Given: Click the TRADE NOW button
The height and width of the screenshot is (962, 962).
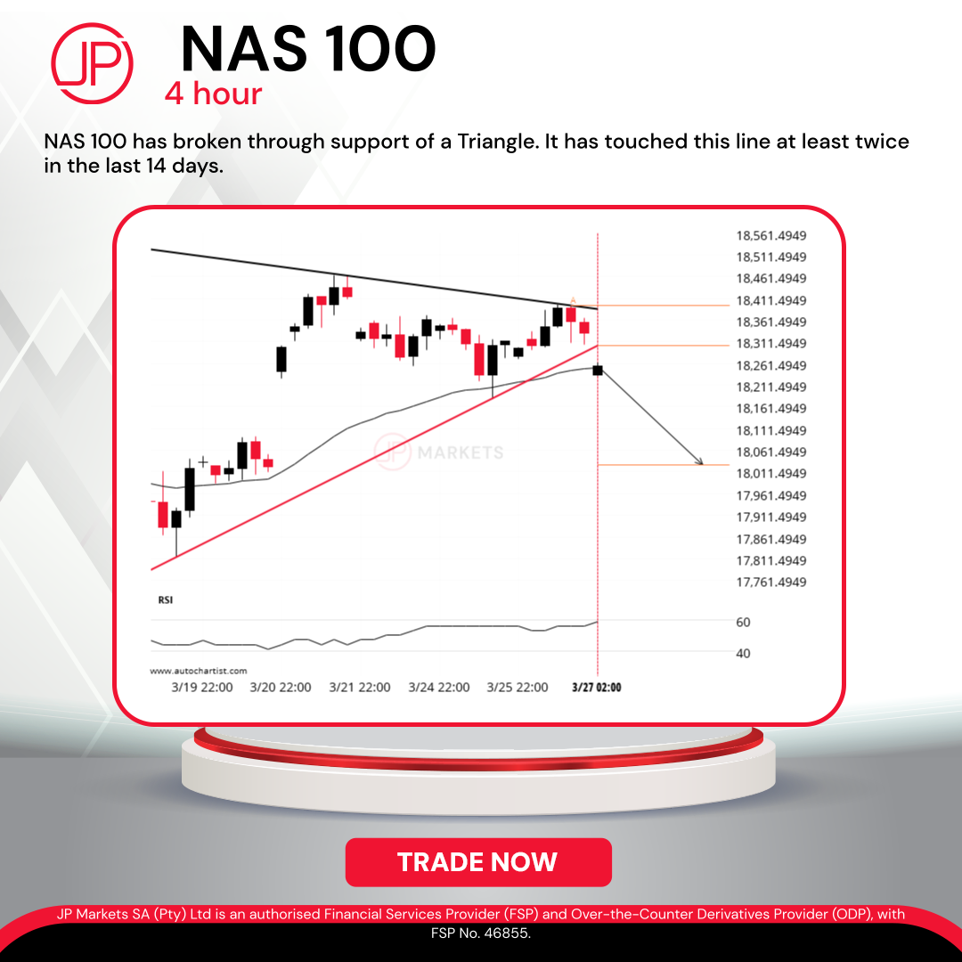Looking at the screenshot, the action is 478,862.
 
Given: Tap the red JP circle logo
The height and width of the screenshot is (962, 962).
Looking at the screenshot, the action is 92,63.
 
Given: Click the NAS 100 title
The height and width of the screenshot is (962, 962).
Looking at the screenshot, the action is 308,49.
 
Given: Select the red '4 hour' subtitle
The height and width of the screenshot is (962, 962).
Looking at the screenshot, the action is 213,94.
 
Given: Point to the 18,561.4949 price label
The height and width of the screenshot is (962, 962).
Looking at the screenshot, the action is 771,235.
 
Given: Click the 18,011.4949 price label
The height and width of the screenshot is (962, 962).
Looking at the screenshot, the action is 771,474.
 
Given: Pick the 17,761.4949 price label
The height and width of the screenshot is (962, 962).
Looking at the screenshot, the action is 771,583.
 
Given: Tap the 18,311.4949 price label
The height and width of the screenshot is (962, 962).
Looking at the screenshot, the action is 771,344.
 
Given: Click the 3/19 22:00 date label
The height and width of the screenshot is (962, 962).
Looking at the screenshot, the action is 202,687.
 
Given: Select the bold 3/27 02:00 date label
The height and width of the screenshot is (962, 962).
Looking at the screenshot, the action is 596,687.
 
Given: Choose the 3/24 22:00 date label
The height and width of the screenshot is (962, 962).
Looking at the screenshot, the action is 438,687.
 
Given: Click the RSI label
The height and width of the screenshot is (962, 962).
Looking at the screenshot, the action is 166,600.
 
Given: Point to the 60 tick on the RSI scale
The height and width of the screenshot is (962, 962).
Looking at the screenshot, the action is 743,622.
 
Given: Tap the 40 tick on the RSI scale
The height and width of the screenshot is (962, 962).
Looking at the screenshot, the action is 743,654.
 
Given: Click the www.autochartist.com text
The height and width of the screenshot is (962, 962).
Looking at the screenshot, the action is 198,671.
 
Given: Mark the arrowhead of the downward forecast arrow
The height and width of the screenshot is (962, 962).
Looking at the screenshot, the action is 701,463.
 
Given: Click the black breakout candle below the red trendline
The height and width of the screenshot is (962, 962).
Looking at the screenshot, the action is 598,370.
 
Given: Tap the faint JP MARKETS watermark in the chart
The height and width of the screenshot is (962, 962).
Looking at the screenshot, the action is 438,452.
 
